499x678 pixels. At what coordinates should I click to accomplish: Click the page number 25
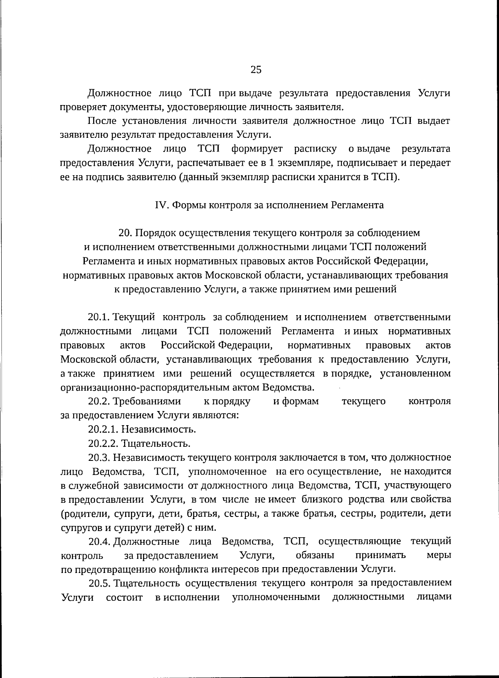point(256,70)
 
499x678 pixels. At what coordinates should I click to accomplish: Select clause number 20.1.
point(99,317)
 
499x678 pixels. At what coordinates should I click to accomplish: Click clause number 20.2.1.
point(104,429)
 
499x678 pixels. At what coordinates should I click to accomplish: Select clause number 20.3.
point(99,458)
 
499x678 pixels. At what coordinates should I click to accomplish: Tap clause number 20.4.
point(99,541)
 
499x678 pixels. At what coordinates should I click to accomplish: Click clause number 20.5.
point(99,583)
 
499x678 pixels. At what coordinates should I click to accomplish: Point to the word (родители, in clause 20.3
point(85,514)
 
